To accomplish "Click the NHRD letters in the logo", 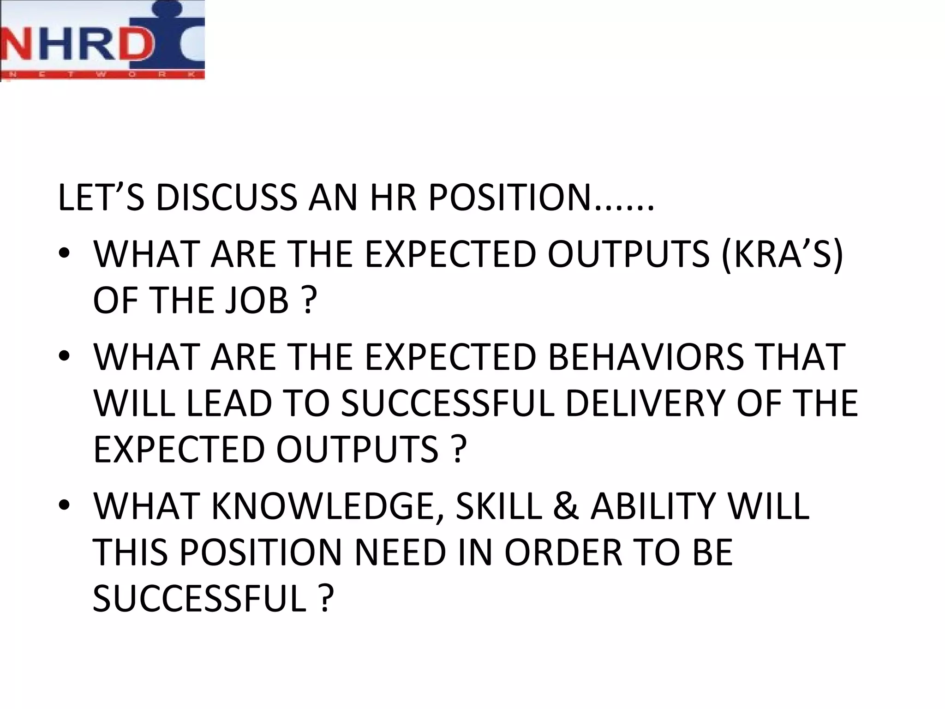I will click(76, 46).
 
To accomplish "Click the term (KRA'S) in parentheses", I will click(782, 254).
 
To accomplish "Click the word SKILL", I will click(498, 506).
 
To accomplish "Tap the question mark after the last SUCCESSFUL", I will click(326, 599).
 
